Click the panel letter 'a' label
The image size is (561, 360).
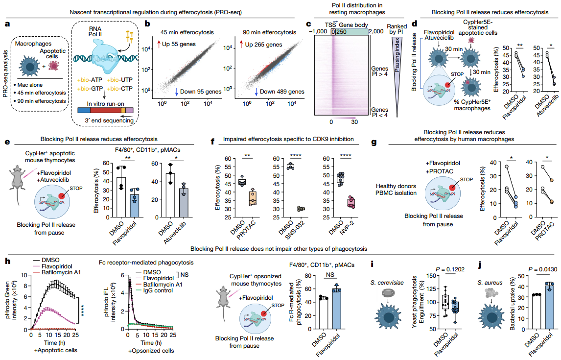click(x=7, y=24)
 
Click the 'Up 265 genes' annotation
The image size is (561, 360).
click(x=263, y=45)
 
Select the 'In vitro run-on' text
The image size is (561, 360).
click(x=106, y=104)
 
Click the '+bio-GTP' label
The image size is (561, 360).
click(x=90, y=88)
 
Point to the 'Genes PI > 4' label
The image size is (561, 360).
click(x=379, y=71)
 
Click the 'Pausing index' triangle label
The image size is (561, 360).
click(x=397, y=55)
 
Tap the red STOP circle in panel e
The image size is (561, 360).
click(x=62, y=196)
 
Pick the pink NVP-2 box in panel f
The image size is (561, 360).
click(x=351, y=203)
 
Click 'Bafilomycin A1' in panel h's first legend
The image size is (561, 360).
click(x=61, y=272)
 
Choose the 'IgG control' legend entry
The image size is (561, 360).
click(x=158, y=290)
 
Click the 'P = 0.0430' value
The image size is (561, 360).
click(x=543, y=269)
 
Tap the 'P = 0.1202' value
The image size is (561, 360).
click(x=450, y=269)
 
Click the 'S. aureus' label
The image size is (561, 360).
click(x=490, y=283)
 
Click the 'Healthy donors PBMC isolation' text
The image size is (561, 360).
click(x=396, y=190)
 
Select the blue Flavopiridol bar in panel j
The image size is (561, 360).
click(x=550, y=307)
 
